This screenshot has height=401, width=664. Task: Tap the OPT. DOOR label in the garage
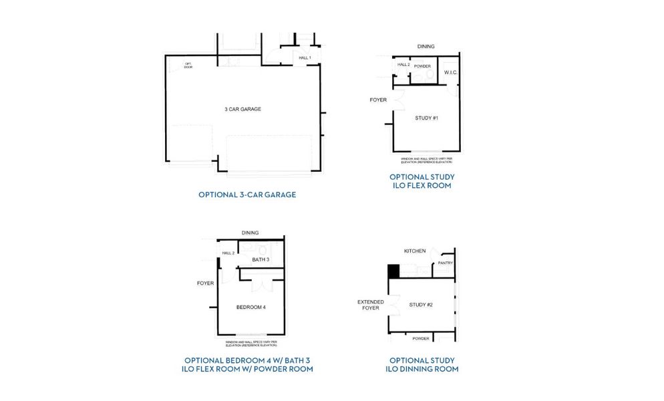[188, 65]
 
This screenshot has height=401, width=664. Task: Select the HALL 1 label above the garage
[305, 58]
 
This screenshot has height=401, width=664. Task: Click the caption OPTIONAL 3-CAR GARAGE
[247, 195]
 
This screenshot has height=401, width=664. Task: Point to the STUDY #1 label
[426, 118]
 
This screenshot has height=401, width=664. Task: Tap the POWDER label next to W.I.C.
[422, 65]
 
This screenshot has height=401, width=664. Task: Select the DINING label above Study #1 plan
[426, 47]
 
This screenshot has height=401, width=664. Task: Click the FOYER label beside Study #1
[378, 100]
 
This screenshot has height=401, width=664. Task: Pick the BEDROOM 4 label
[251, 307]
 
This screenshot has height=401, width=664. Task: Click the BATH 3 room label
[261, 259]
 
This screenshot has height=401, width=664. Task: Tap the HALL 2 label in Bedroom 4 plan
[228, 253]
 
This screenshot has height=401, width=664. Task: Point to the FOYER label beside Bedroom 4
[205, 283]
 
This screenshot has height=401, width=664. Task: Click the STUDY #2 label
[421, 305]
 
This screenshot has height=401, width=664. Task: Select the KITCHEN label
[414, 251]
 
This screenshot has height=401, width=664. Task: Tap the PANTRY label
[445, 263]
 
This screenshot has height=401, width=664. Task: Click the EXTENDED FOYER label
[371, 305]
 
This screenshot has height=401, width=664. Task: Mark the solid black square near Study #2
[393, 271]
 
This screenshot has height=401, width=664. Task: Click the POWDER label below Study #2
[420, 339]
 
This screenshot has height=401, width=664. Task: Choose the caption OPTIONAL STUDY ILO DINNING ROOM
[422, 364]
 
